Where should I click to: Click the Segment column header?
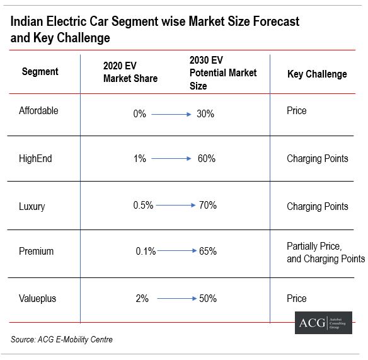click(x=40, y=72)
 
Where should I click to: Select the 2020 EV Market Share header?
click(x=130, y=73)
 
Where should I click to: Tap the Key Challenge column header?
click(x=317, y=74)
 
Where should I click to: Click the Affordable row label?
click(x=38, y=111)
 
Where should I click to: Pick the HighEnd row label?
click(x=35, y=159)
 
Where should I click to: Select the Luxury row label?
click(x=32, y=206)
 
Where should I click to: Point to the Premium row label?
click(x=36, y=251)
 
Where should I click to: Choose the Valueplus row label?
click(x=37, y=299)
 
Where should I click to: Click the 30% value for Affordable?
click(x=205, y=114)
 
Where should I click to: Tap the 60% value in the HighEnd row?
click(x=206, y=159)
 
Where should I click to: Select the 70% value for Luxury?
click(x=207, y=205)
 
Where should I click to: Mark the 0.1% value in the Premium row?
click(x=146, y=251)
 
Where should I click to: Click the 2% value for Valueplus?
click(x=142, y=299)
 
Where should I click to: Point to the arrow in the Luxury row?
click(x=176, y=205)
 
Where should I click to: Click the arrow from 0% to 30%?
click(x=171, y=114)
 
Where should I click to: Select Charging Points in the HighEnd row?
click(x=317, y=159)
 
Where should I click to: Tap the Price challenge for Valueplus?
click(x=297, y=298)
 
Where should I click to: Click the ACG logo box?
click(x=323, y=322)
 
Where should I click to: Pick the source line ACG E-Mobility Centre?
click(x=62, y=340)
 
